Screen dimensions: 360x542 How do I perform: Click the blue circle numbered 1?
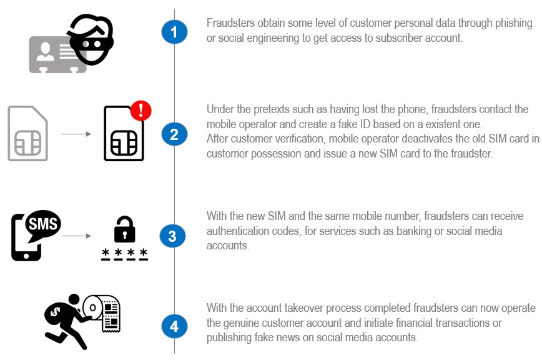click(x=174, y=32)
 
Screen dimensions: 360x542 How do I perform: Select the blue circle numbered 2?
click(x=174, y=134)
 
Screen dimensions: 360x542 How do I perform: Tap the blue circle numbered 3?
click(x=172, y=236)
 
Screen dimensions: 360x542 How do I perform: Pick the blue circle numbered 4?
click(x=174, y=326)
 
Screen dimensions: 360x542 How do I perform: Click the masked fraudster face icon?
click(x=91, y=39)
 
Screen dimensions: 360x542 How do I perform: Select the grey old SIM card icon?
click(x=28, y=133)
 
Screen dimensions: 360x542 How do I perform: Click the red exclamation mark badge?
click(x=141, y=110)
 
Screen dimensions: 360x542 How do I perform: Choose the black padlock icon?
click(x=125, y=230)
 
